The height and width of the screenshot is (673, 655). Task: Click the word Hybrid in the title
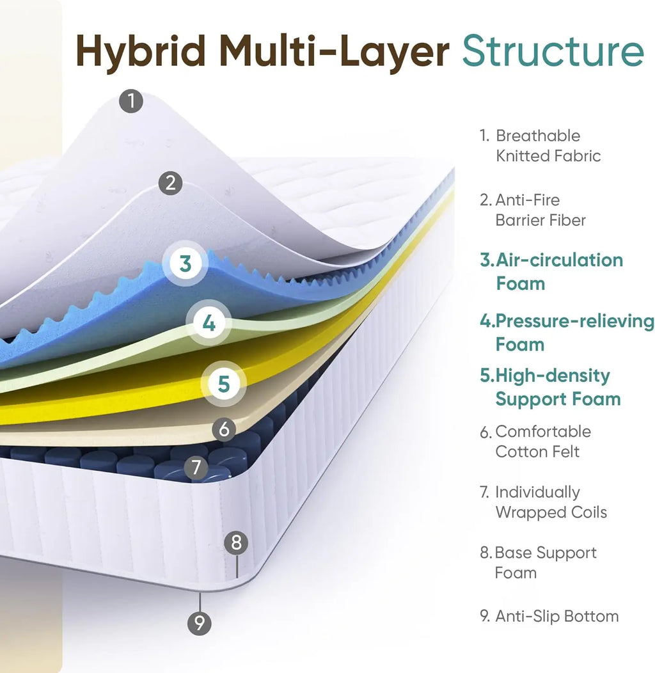tap(141, 51)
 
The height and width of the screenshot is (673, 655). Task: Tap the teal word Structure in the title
tap(553, 51)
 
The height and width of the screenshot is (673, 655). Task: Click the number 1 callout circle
tap(131, 101)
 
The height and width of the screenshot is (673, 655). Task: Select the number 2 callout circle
tap(170, 183)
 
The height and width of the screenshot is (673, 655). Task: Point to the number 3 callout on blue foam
tap(185, 263)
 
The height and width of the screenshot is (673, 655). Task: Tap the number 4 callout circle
tap(209, 323)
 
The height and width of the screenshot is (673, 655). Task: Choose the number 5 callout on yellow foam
tap(224, 384)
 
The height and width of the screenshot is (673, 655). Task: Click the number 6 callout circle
tap(224, 429)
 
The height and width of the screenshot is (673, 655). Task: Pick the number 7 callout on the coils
tap(196, 468)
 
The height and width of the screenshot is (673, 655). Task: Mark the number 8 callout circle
tap(236, 542)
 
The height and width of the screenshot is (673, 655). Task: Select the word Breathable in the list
tap(538, 136)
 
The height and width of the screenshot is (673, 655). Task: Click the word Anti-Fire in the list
tap(528, 200)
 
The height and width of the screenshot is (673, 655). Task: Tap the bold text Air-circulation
tap(559, 260)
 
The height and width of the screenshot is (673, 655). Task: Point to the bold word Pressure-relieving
tap(575, 322)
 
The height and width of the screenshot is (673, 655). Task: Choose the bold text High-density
tap(553, 376)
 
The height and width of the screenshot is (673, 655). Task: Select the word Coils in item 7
tap(588, 512)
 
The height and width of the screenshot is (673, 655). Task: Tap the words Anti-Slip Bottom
tap(557, 616)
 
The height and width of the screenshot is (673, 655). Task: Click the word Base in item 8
tap(513, 553)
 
